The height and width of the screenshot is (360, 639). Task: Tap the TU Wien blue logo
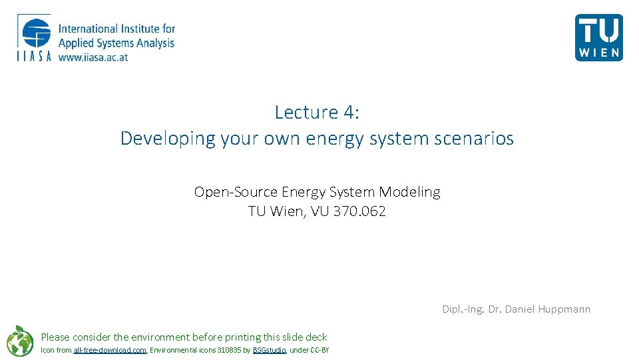(x=598, y=37)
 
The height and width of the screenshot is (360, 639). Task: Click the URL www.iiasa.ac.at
(x=93, y=57)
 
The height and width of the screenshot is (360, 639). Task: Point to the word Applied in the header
(x=77, y=43)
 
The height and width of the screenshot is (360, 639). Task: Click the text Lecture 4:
(x=317, y=112)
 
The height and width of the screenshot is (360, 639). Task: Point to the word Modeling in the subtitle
(x=409, y=192)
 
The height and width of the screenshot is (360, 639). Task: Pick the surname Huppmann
(x=563, y=309)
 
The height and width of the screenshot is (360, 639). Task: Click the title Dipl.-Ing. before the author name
(x=463, y=309)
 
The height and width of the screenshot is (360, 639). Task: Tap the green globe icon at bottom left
(x=19, y=341)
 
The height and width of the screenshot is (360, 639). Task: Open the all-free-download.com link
(x=110, y=350)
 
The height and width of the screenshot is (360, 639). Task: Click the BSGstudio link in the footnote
(x=270, y=350)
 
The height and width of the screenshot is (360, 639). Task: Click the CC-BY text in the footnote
(x=319, y=350)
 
